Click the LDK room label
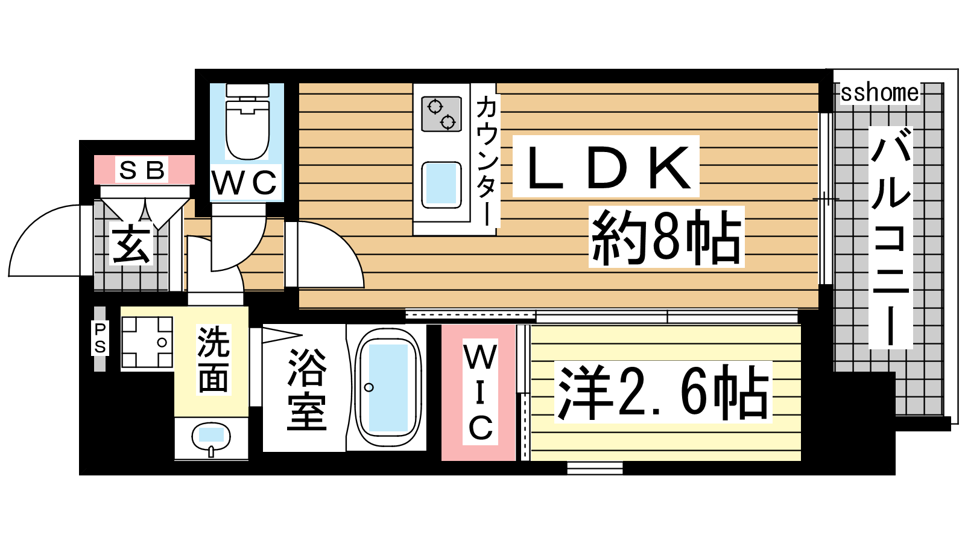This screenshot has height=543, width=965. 606,167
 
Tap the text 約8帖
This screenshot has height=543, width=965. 666,237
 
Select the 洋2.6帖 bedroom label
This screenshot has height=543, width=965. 663,392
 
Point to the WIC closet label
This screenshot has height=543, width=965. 480,393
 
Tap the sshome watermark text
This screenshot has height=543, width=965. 879,93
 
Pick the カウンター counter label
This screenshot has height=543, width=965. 486,160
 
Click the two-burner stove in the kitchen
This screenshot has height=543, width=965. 441,114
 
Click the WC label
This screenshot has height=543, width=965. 245,183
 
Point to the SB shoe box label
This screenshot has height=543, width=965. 143,170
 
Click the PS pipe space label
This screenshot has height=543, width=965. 100,338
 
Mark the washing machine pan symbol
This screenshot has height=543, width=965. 147,342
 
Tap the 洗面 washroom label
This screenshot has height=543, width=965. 213,359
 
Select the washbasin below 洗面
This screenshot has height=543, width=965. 211,436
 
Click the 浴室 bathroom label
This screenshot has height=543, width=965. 306,389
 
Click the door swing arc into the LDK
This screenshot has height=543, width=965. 338,253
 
